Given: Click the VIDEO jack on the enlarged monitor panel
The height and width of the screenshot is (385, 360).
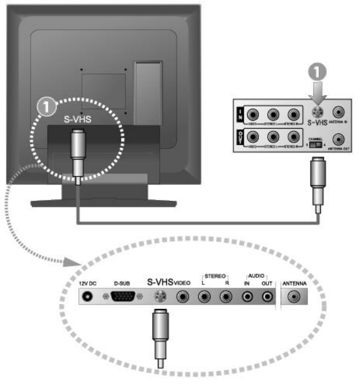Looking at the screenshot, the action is point(183,297).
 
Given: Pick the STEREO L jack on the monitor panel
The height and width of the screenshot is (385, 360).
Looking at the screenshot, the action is point(205,297).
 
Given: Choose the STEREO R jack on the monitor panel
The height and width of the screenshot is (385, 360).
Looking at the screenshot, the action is point(225,297).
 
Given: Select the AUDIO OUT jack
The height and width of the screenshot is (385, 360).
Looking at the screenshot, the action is point(268,297).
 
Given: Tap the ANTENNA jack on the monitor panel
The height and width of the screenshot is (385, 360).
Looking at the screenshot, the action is point(295,297).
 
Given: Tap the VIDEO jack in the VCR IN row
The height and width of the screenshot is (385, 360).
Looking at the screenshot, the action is point(253,115).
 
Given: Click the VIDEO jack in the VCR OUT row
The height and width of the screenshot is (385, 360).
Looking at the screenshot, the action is point(253,137).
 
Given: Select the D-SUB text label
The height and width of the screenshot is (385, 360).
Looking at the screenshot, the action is point(121,283).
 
